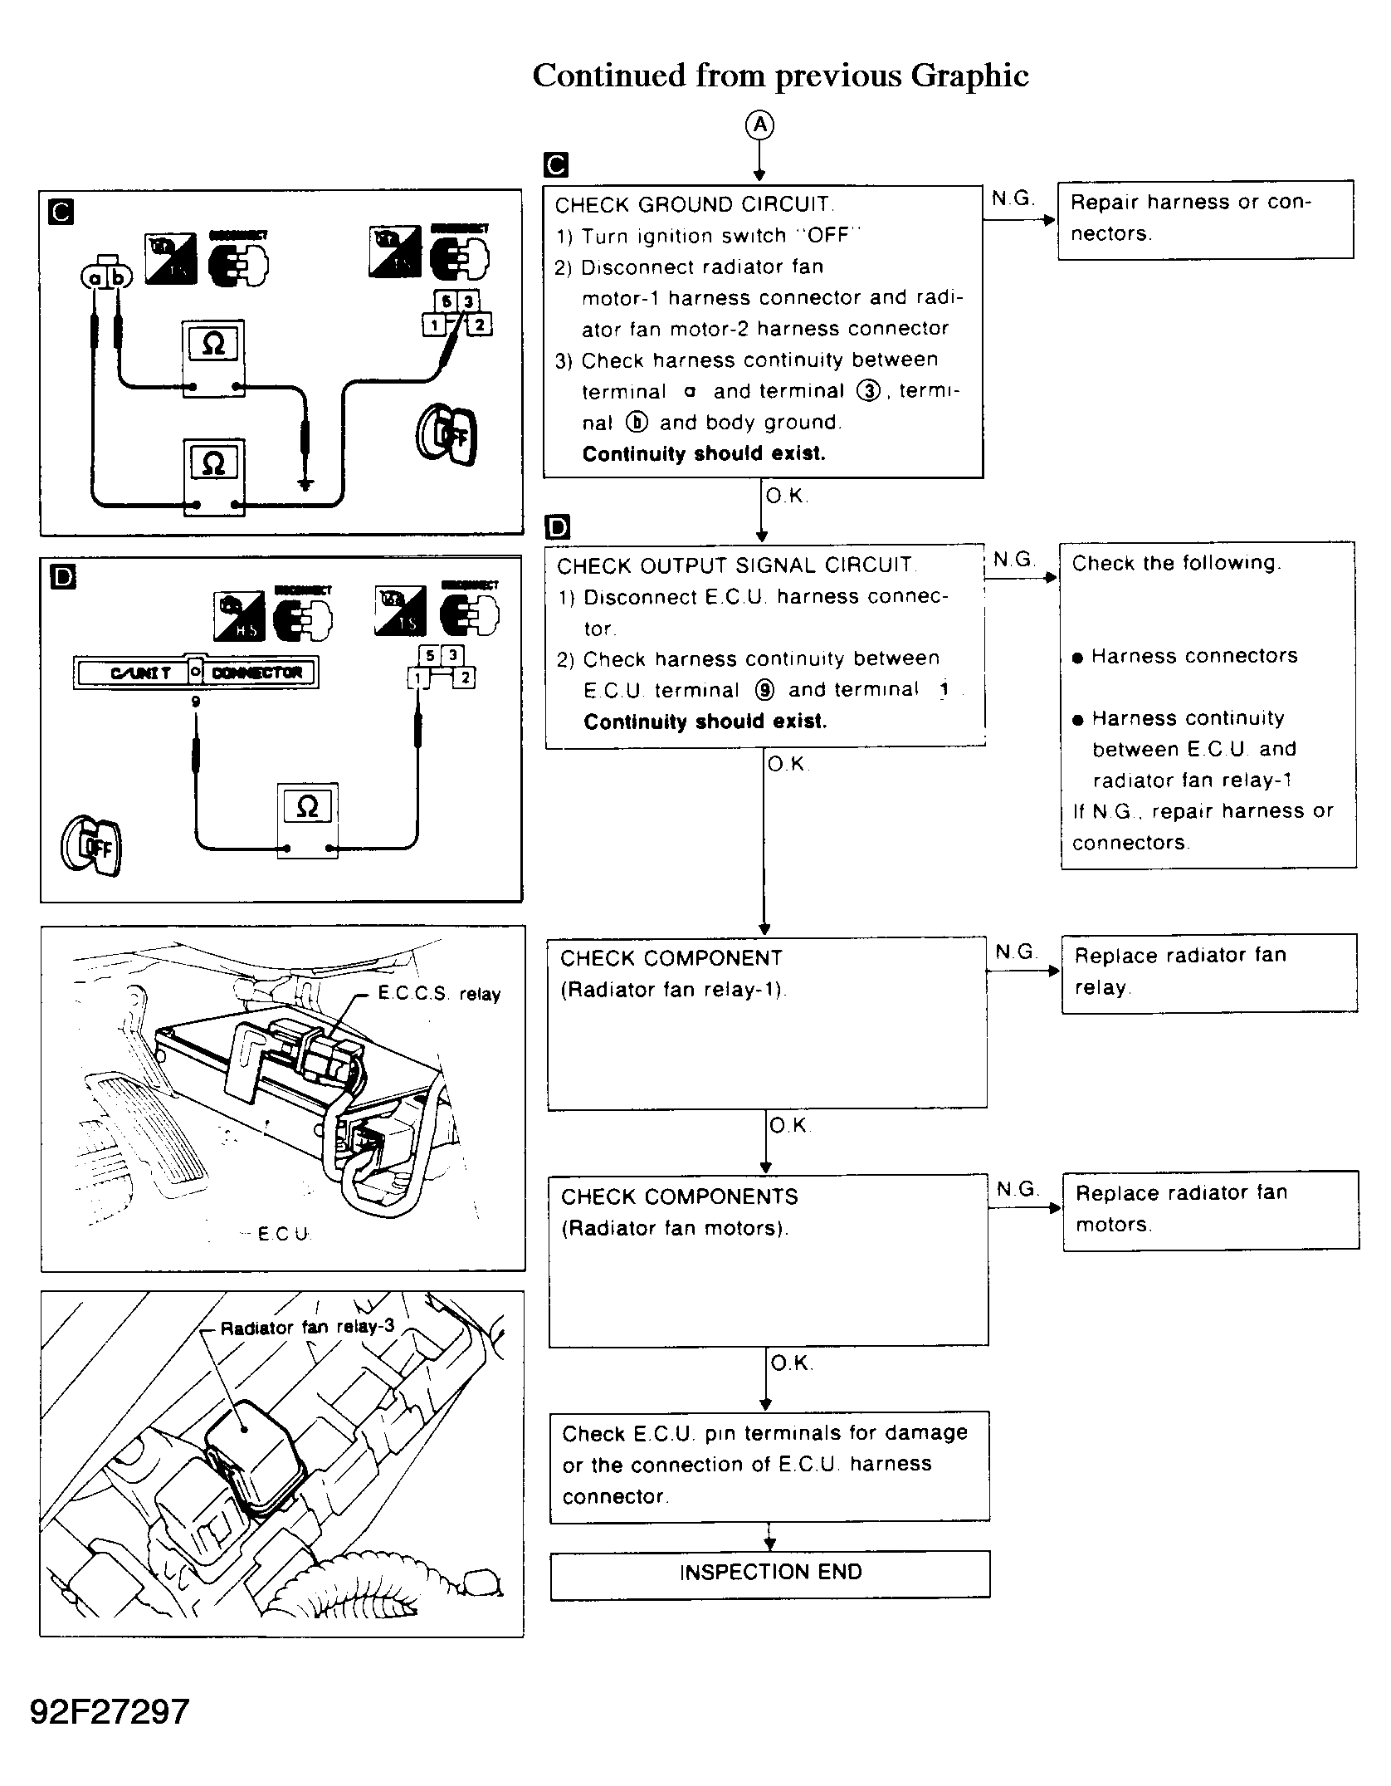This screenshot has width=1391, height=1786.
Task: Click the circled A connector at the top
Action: coord(759,126)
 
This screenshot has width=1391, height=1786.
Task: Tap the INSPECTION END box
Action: coord(770,1572)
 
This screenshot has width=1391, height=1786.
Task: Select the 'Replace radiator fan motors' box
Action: coord(1210,1209)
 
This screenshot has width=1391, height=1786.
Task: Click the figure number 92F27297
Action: coord(110,1710)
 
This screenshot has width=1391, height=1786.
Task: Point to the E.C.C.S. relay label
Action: coord(439,994)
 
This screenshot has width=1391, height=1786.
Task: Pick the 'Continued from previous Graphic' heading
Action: coord(780,76)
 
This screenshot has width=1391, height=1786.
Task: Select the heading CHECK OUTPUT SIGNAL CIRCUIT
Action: coord(735,566)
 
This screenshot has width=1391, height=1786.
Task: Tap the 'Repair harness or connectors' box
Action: coord(1205,219)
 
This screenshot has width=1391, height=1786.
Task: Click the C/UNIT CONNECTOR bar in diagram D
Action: coord(196,673)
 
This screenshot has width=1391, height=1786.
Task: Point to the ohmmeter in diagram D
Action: coord(307,820)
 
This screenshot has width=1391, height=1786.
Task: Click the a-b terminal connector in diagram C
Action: coord(107,276)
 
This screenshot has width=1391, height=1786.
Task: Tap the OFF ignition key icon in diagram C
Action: coord(447,434)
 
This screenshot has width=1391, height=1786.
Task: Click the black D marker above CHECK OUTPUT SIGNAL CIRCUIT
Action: coord(558,526)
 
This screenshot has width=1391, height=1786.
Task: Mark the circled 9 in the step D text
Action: coord(764,690)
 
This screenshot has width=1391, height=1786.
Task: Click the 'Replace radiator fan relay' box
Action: coord(1208,972)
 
